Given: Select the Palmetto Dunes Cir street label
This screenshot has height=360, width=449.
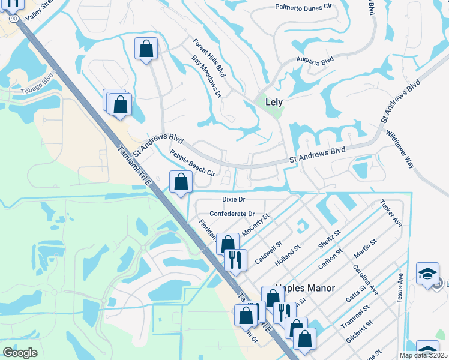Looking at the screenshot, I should [303, 7].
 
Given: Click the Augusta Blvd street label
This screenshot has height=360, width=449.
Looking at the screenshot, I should [315, 61].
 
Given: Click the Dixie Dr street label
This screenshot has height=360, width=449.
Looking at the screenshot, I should [234, 199].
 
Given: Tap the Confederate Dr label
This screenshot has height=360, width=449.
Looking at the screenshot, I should [232, 214].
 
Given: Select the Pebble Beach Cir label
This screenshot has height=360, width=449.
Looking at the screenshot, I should [192, 163].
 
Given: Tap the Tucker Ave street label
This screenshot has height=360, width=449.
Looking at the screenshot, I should [391, 214].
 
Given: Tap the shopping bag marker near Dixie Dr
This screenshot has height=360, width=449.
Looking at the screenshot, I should [181, 181].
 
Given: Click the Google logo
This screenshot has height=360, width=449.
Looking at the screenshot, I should [20, 353].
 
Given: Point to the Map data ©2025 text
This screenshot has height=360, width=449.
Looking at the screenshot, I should [423, 355].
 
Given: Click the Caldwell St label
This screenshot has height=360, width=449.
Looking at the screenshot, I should [268, 253].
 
